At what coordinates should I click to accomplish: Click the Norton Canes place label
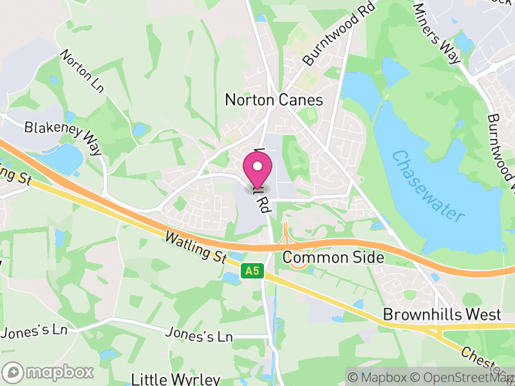[274, 100]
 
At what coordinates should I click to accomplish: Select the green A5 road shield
[252, 272]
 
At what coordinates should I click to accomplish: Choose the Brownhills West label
[442, 315]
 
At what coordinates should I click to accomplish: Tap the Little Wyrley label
[175, 378]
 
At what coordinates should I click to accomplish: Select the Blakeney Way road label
[63, 136]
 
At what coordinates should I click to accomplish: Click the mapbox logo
[48, 372]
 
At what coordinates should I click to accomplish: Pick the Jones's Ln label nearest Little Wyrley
[198, 336]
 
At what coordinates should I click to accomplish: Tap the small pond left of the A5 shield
[230, 278]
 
